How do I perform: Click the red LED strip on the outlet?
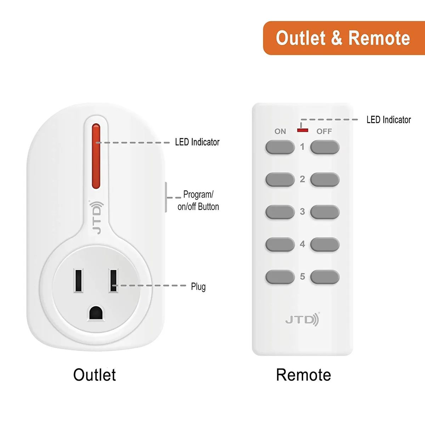96,156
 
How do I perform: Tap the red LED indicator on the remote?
302,130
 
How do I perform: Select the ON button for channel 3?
280,212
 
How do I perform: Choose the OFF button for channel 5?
325,277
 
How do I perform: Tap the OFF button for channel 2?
325,180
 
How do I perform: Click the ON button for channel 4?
280,244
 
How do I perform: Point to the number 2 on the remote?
302,179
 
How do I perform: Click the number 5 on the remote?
302,276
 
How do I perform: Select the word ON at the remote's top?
280,131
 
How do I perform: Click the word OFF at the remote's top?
324,131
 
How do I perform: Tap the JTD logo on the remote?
302,319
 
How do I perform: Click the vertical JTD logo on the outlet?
97,217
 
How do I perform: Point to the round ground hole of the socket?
96,312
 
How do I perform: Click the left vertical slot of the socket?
79,280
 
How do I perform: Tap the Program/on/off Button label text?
198,201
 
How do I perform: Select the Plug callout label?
198,287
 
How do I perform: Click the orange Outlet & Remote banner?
344,38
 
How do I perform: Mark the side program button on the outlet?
166,197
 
